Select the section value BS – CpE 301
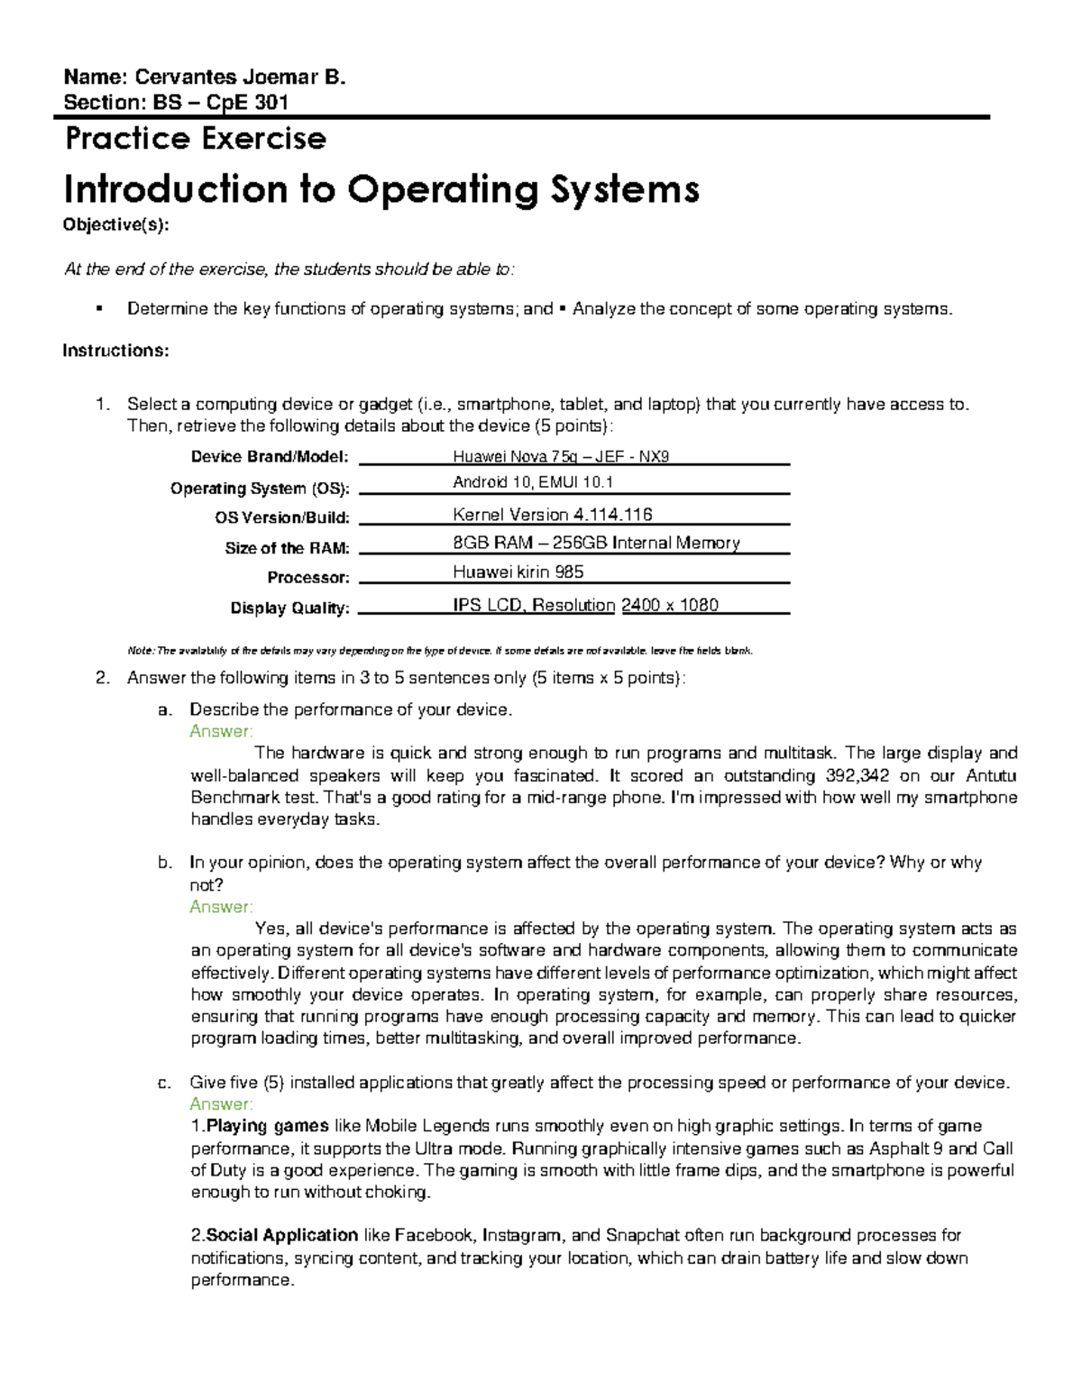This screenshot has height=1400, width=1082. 220,102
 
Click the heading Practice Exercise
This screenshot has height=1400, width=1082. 195,139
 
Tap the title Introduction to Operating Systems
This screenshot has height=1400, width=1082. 381,189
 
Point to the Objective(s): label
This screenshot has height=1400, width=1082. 115,225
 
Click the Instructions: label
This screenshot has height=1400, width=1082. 115,351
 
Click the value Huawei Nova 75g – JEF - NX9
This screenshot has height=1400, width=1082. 561,457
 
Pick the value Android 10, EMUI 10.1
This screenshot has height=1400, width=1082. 533,483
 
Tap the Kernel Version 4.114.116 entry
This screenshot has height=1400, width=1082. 552,515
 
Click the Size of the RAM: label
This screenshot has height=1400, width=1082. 287,548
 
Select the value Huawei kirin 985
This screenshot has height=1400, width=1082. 518,572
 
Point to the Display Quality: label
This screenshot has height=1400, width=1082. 289,608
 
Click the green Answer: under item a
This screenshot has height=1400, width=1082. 221,731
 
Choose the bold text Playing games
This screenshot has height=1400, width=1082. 268,1126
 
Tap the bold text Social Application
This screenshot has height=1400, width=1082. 282,1235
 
